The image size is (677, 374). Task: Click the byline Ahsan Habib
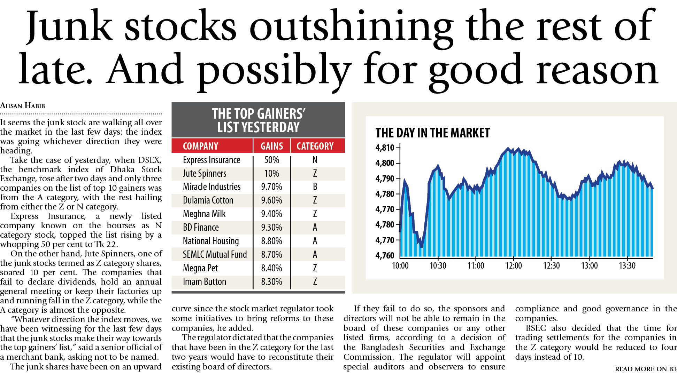[x=23, y=106]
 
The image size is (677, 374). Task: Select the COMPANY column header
[x=200, y=146]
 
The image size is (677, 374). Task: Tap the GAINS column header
[x=272, y=146]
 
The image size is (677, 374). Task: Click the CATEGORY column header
[x=315, y=146]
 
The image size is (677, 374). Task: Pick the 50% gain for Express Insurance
[x=272, y=160]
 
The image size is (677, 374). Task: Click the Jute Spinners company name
[x=205, y=174]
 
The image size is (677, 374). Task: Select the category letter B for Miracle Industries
[x=315, y=187]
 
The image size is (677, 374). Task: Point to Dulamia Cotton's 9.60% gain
[x=272, y=200]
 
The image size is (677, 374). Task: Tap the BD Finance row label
[x=201, y=228]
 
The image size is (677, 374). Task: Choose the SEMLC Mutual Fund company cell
[x=215, y=255]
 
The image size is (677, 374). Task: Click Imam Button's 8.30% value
[x=272, y=282]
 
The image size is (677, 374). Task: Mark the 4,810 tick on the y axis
[x=385, y=148]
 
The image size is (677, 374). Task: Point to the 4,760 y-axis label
[x=385, y=256]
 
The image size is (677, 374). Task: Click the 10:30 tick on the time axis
[x=438, y=266]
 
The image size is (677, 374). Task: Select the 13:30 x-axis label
[x=627, y=266]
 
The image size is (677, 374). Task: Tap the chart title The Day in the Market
[x=432, y=133]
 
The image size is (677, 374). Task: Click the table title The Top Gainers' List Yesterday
[x=258, y=120]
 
